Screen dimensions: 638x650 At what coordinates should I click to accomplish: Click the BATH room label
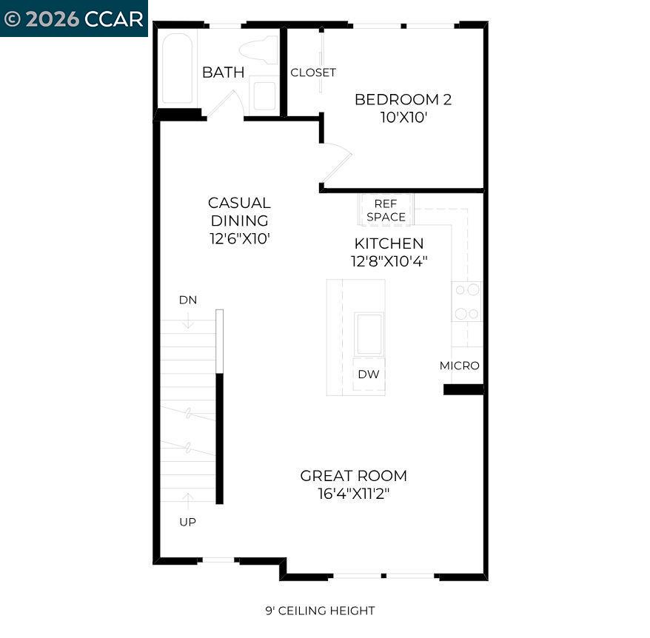[x=223, y=73]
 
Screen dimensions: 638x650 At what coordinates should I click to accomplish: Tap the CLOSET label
[x=313, y=73]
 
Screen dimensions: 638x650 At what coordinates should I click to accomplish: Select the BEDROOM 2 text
[x=403, y=99]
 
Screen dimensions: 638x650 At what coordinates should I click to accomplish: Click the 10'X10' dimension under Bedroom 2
[x=403, y=118]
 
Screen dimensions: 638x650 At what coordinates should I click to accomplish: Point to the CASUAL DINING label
[x=239, y=211]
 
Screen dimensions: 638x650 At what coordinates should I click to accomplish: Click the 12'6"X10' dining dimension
[x=239, y=239]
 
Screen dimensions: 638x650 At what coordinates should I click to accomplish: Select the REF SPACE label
[x=386, y=210]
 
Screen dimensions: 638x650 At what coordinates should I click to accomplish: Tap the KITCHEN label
[x=389, y=244]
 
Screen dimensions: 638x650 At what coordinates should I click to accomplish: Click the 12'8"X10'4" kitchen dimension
[x=389, y=261]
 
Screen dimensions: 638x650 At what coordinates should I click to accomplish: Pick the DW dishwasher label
[x=368, y=375]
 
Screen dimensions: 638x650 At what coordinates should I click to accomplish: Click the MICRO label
[x=459, y=366]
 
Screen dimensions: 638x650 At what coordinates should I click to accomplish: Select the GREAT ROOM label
[x=353, y=476]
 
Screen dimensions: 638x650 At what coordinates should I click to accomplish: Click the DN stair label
[x=187, y=300]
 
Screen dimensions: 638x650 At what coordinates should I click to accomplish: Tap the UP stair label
[x=187, y=522]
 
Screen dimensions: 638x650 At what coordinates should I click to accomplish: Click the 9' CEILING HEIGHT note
[x=320, y=611]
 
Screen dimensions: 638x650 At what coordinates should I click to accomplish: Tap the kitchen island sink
[x=369, y=334]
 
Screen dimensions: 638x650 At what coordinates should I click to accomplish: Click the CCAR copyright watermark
[x=73, y=18]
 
